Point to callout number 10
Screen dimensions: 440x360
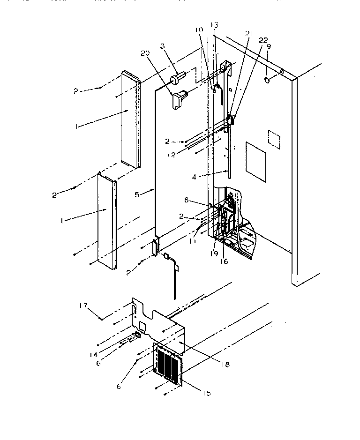tap(199, 30)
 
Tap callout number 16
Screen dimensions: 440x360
tap(224, 261)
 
